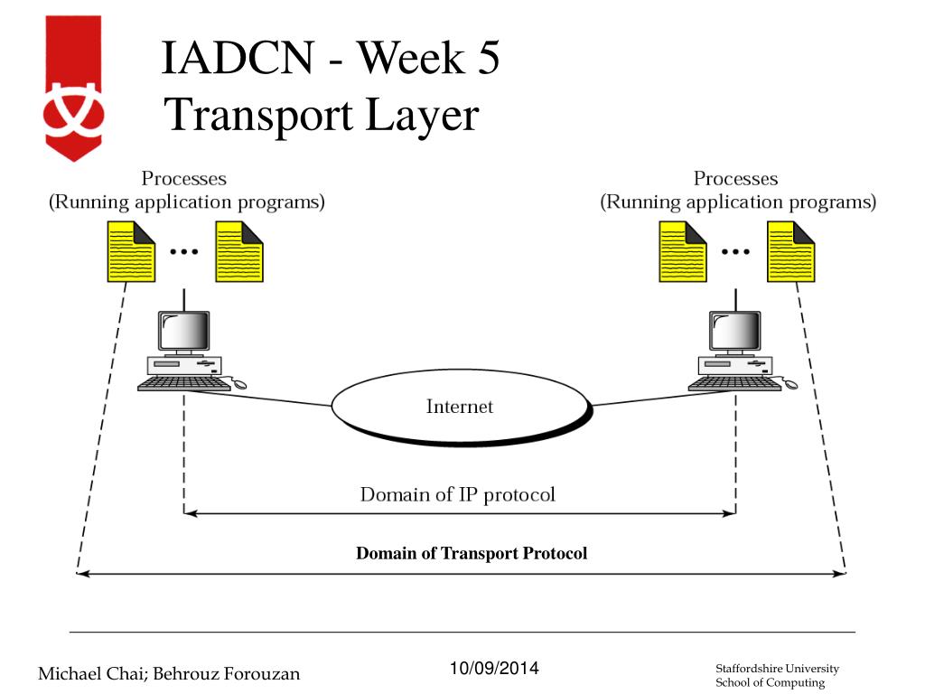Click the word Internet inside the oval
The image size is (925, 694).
pos(460,407)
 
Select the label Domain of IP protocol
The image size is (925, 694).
pos(457,494)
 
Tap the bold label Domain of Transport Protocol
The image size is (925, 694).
pos(471,553)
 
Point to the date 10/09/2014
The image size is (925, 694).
pos(493,669)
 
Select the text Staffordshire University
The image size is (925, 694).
pos(777,669)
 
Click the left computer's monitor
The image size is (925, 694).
pos(184,332)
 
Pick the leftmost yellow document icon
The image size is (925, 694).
pos(132,251)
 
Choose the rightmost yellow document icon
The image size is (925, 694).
pos(790,251)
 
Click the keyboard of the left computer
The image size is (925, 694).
pos(183,383)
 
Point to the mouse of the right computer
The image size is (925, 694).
pos(790,384)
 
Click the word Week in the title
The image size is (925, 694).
pos(406,61)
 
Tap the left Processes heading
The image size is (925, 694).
pos(184,178)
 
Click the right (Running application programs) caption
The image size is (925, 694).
pos(738,202)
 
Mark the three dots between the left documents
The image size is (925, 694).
pos(184,252)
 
